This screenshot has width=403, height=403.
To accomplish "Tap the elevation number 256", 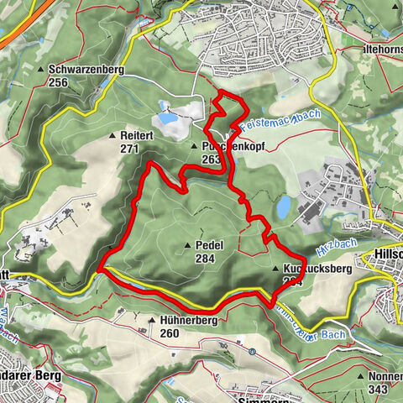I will point(58,82).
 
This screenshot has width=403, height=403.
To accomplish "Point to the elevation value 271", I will point(128,148).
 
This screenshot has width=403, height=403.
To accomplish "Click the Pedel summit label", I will point(208,244).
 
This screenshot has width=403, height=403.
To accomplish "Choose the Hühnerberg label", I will point(188,321).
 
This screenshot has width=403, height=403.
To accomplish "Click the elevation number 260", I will point(169,333).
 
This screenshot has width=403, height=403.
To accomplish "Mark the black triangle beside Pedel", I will point(188,245).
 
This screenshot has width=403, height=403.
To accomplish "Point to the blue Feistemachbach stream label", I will point(272,126).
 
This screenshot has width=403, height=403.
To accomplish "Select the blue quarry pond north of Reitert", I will point(170,119).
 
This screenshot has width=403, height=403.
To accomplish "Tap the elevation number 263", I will point(211,159).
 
